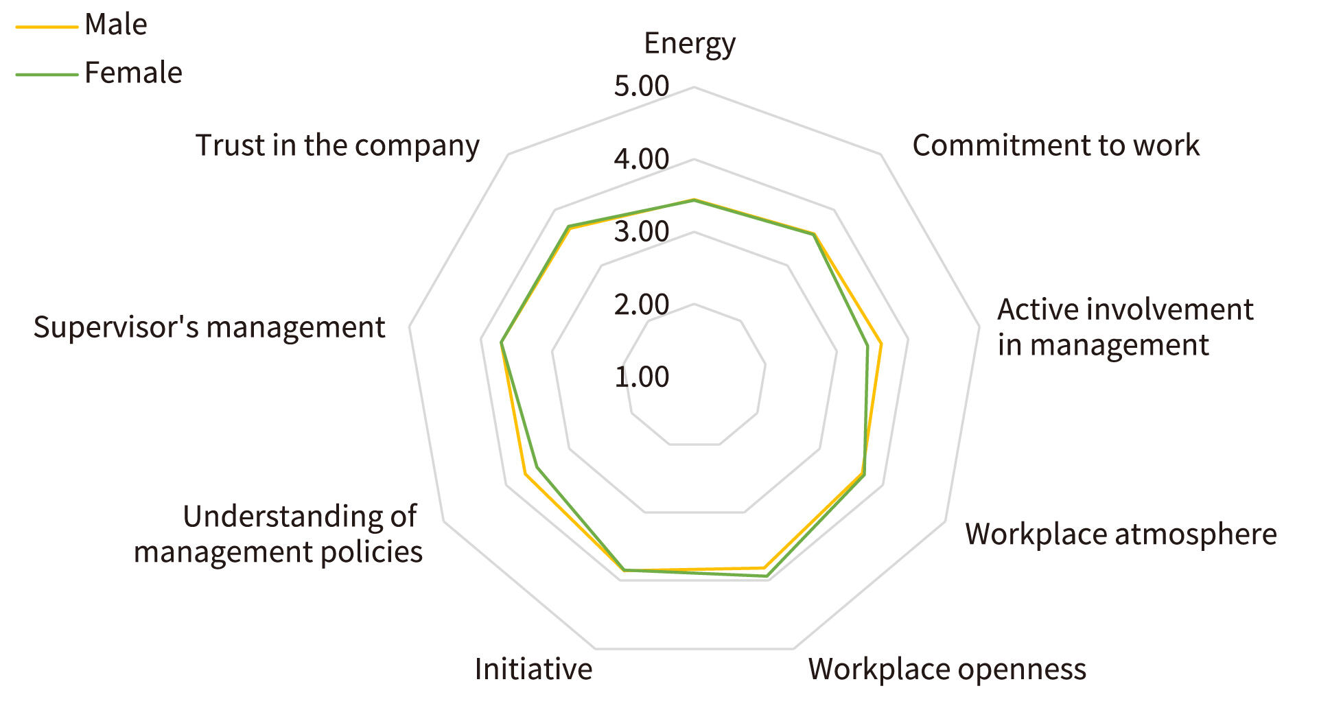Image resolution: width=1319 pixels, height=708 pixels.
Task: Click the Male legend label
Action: pyautogui.click(x=115, y=25)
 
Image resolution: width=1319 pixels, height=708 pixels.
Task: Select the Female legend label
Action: pyautogui.click(x=133, y=73)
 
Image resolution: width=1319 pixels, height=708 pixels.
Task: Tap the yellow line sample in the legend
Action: pyautogui.click(x=47, y=27)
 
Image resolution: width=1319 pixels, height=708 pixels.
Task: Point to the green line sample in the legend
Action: pyautogui.click(x=47, y=74)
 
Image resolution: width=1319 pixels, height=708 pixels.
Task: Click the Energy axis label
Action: pyautogui.click(x=689, y=44)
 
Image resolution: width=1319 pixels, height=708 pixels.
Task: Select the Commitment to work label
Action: pyautogui.click(x=1055, y=145)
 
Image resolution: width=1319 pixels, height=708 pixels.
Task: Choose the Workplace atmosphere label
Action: pyautogui.click(x=1121, y=534)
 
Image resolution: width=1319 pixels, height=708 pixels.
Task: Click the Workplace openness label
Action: pyautogui.click(x=947, y=669)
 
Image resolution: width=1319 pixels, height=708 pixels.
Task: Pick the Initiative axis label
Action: pyautogui.click(x=533, y=669)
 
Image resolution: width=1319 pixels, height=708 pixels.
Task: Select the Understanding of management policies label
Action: pyautogui.click(x=279, y=534)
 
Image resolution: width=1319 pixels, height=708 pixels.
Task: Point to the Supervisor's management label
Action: pyautogui.click(x=209, y=327)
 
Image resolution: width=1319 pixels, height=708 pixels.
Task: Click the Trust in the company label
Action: pyautogui.click(x=337, y=145)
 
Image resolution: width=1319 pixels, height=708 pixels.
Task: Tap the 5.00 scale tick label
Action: pyautogui.click(x=641, y=86)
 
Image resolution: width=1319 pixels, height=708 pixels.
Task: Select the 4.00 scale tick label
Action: pyautogui.click(x=641, y=159)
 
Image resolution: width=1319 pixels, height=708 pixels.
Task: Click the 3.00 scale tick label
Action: pyautogui.click(x=641, y=232)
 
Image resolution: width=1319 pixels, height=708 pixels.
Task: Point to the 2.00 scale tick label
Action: pyautogui.click(x=641, y=305)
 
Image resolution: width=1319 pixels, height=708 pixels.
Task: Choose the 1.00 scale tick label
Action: pyautogui.click(x=641, y=377)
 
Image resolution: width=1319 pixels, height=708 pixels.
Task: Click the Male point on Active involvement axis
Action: pyautogui.click(x=881, y=344)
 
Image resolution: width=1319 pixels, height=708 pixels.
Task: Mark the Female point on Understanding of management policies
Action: pyautogui.click(x=537, y=468)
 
